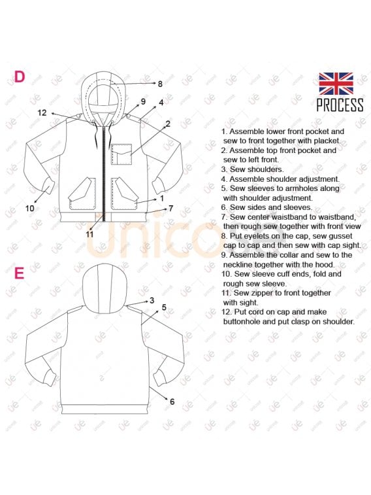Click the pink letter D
point(19,77)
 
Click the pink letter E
point(19,273)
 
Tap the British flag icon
point(336,83)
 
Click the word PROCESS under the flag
point(340,105)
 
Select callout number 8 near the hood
point(160,84)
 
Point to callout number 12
point(42,112)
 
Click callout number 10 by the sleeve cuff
point(30,209)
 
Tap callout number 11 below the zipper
point(90,234)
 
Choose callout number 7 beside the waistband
point(171,209)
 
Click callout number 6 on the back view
point(172,401)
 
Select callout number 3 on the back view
point(152,300)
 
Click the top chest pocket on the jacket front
point(121,154)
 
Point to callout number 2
point(168,124)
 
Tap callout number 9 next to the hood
point(144,101)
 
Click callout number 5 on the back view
point(164,307)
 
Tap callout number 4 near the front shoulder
point(161,103)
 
